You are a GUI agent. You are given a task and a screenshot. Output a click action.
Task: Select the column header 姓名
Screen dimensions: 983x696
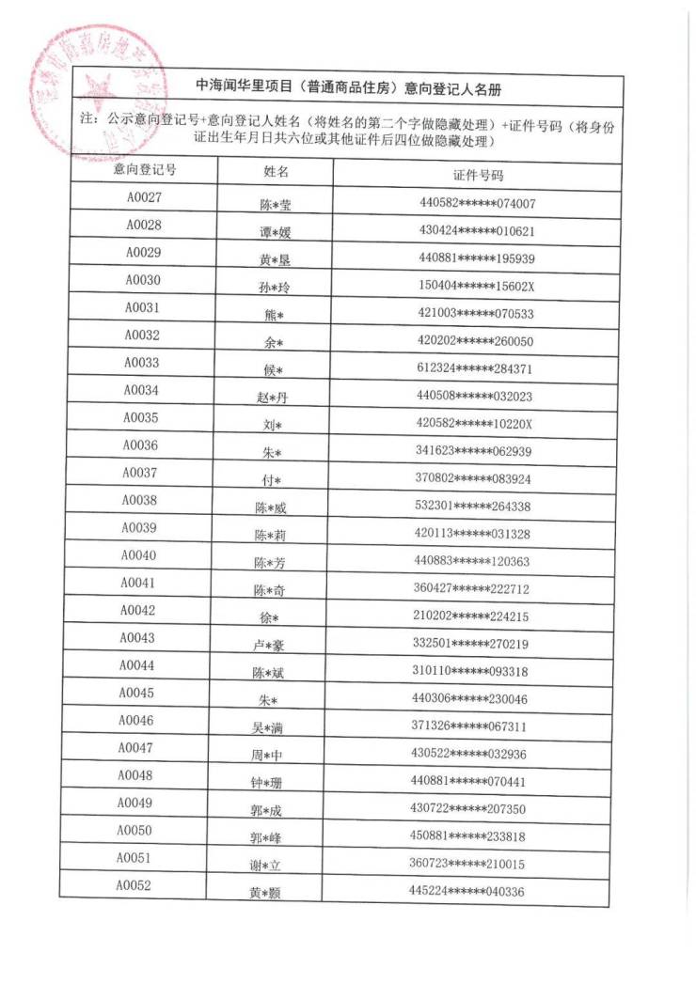pos(275,173)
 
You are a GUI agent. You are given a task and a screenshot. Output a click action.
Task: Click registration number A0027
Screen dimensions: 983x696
pos(145,197)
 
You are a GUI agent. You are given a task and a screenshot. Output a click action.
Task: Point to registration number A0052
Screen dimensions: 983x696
pos(134,885)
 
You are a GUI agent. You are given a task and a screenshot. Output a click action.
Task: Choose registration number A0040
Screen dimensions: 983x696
pos(138,555)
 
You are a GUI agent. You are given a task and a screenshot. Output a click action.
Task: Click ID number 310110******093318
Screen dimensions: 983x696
pos(475,671)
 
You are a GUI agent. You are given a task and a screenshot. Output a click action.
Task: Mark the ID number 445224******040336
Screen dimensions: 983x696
pos(472,891)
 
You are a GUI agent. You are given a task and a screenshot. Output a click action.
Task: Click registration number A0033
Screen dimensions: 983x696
pos(142,363)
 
